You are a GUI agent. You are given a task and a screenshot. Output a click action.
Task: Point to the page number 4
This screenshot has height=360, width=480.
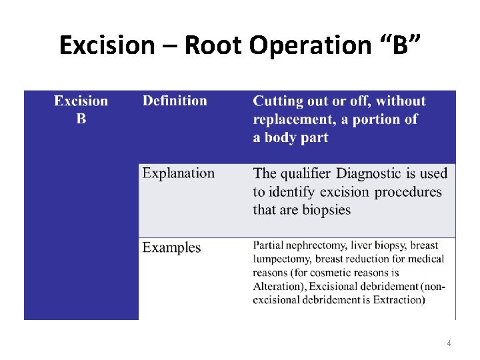point(449,343)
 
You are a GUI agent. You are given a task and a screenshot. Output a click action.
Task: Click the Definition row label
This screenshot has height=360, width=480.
point(175,101)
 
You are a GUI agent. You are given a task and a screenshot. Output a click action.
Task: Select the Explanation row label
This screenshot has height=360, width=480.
point(179,174)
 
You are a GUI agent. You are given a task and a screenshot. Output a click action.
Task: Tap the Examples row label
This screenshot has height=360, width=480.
point(171,247)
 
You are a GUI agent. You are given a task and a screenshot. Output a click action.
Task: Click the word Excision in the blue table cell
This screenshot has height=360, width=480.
point(81,101)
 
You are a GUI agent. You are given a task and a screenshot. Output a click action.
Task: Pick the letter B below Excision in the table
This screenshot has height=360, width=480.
point(81,119)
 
